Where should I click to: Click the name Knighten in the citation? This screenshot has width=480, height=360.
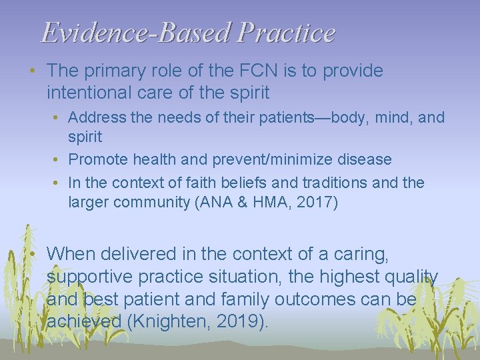pos(167,322)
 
